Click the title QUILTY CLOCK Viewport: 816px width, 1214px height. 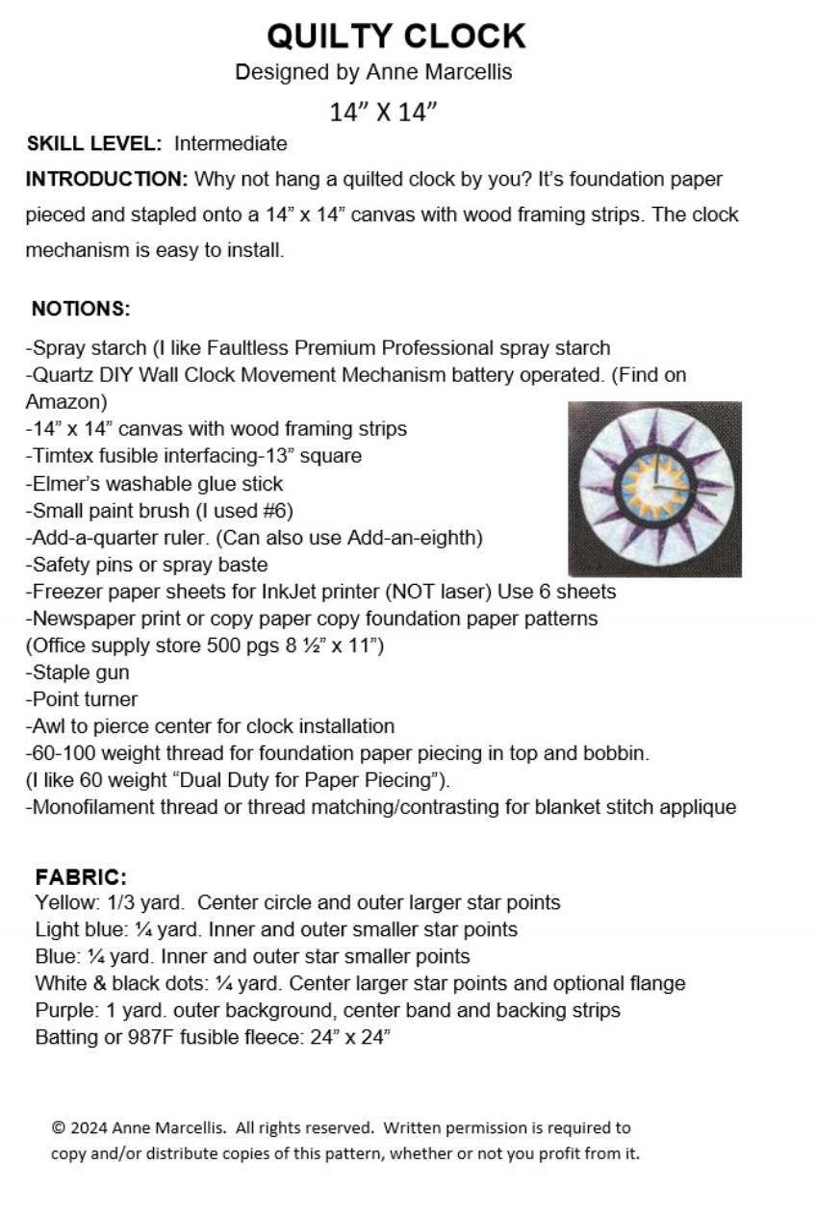[x=395, y=37]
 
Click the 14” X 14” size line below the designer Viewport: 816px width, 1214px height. [x=383, y=112]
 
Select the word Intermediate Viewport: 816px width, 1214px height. [x=230, y=144]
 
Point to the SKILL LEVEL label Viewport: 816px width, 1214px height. [x=94, y=144]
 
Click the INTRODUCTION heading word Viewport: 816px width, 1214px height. [x=106, y=180]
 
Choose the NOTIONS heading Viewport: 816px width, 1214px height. [x=80, y=309]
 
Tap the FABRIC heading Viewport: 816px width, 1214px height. [x=81, y=877]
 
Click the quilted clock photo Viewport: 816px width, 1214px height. [x=654, y=489]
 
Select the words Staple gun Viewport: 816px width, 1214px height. [x=80, y=672]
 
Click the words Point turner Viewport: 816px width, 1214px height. [x=85, y=699]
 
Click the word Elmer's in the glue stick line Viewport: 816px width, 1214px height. [x=64, y=483]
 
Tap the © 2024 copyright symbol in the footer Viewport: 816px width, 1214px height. [x=59, y=1127]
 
